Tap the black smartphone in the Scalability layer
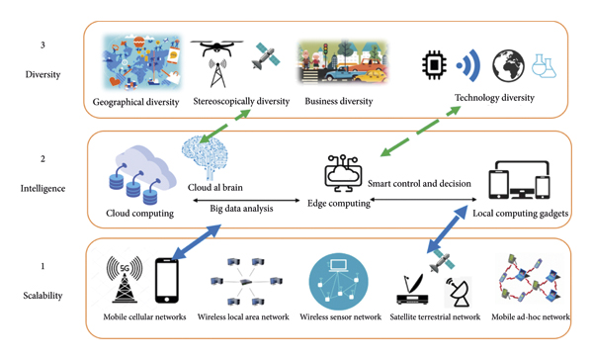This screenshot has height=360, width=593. pos(166,280)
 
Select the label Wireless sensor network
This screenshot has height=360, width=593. pos(339,317)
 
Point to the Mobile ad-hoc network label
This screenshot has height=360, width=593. pos(530,317)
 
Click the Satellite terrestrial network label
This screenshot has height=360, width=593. pos(437,317)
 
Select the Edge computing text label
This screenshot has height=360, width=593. pos(339,203)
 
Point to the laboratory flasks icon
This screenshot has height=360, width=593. pos(545,66)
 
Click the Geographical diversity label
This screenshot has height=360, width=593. pos(136,101)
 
